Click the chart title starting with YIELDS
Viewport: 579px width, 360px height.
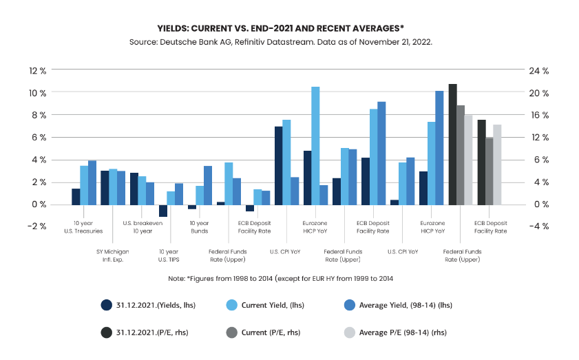[289, 28]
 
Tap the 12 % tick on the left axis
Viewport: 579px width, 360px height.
[37, 71]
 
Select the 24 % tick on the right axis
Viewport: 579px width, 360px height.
[539, 71]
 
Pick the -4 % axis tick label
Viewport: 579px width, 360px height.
[539, 226]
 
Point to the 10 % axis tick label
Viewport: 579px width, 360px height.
[37, 93]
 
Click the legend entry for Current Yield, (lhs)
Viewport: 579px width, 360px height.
[263, 305]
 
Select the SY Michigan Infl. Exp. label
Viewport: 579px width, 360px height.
[113, 255]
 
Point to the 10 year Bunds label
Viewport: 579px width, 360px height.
[199, 226]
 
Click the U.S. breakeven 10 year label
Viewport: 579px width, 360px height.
[142, 226]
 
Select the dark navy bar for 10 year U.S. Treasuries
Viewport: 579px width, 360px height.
[76, 196]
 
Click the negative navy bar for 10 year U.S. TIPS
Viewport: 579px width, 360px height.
[163, 211]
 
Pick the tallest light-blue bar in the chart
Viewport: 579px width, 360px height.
[315, 145]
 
